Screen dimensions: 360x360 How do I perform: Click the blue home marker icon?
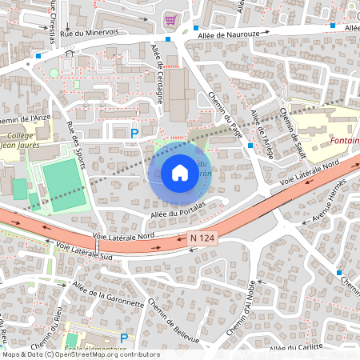point(180,173)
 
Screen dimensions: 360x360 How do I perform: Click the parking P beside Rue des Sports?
point(135,133)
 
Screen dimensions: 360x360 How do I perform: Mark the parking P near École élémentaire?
point(123,339)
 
